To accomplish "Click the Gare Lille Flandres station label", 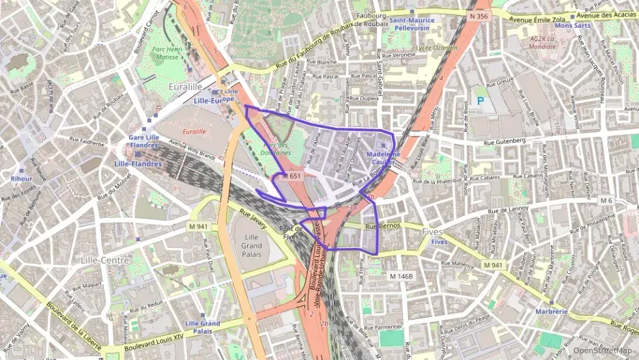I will [144, 141].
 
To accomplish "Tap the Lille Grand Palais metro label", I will [202, 327].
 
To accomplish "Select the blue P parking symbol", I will [481, 100].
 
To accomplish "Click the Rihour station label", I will [21, 178].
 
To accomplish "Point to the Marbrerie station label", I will [551, 311].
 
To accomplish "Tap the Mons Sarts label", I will [572, 25].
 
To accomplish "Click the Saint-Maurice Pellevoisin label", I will [412, 25].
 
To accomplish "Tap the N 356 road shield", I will [479, 16].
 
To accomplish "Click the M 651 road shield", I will [291, 176].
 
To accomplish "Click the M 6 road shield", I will [606, 200].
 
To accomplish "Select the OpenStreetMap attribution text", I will [602, 350].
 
